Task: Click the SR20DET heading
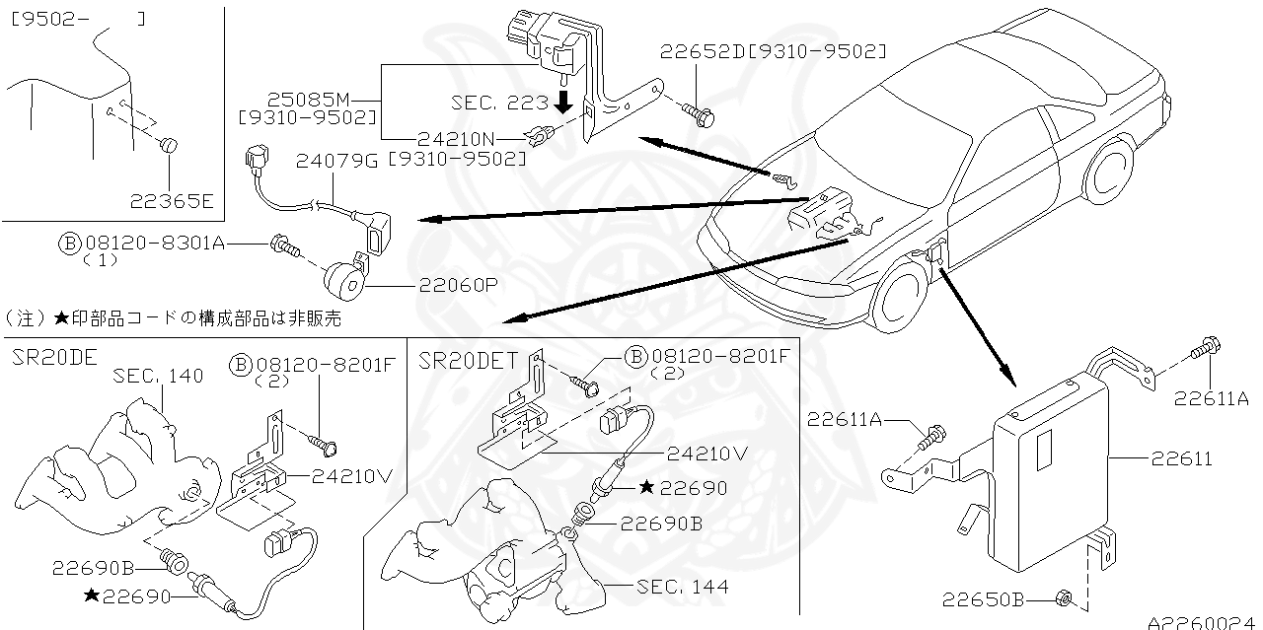pos(469,360)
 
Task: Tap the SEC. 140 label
pos(158,376)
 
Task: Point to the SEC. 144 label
pos(683,587)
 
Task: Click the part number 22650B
pos(983,597)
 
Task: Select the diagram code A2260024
pos(1204,622)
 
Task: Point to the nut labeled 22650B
pos(1064,597)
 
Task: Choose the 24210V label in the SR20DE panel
pos(353,475)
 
